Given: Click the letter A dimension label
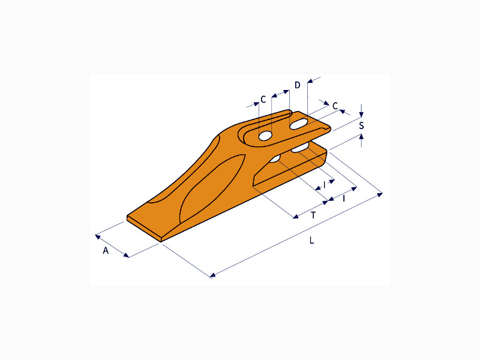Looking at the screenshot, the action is pos(106,251).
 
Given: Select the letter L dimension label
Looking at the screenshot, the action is pos(311,240).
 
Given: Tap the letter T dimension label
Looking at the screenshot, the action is pos(313,215).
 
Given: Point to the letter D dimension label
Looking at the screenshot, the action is pos(298,85).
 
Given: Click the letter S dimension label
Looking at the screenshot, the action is pos(362,125).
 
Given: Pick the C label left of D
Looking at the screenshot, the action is pos(263,100).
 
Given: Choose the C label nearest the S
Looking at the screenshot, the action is pos(335,106).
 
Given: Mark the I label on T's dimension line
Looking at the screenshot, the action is pos(344,199).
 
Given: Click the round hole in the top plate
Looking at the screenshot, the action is pos(265,136).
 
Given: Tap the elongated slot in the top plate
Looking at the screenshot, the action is pos(298,124).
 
